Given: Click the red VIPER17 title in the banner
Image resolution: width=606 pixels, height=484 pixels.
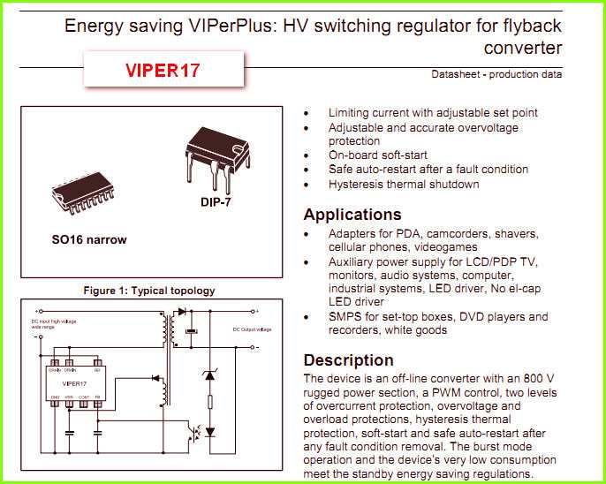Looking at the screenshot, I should [163, 70].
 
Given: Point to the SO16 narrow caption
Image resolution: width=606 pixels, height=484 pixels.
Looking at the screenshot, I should [88, 239].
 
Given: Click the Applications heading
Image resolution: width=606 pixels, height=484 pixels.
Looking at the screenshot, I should [352, 215].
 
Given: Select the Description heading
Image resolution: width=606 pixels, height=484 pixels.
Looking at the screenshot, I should [348, 360].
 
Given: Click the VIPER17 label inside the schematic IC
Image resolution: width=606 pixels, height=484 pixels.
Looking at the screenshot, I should [74, 384].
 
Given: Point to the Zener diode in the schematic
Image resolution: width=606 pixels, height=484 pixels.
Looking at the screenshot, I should [209, 375].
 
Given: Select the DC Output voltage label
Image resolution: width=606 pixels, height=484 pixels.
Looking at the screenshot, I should [250, 329].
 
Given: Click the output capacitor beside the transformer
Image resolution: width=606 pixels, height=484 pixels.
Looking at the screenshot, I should [189, 331].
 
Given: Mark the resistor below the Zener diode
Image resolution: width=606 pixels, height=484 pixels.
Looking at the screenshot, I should [209, 402].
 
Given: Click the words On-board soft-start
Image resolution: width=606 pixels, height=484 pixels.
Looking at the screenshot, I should [378, 155].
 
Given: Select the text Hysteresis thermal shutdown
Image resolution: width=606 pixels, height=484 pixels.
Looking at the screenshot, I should [404, 184].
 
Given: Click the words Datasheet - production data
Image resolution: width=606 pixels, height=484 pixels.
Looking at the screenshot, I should [496, 74].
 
